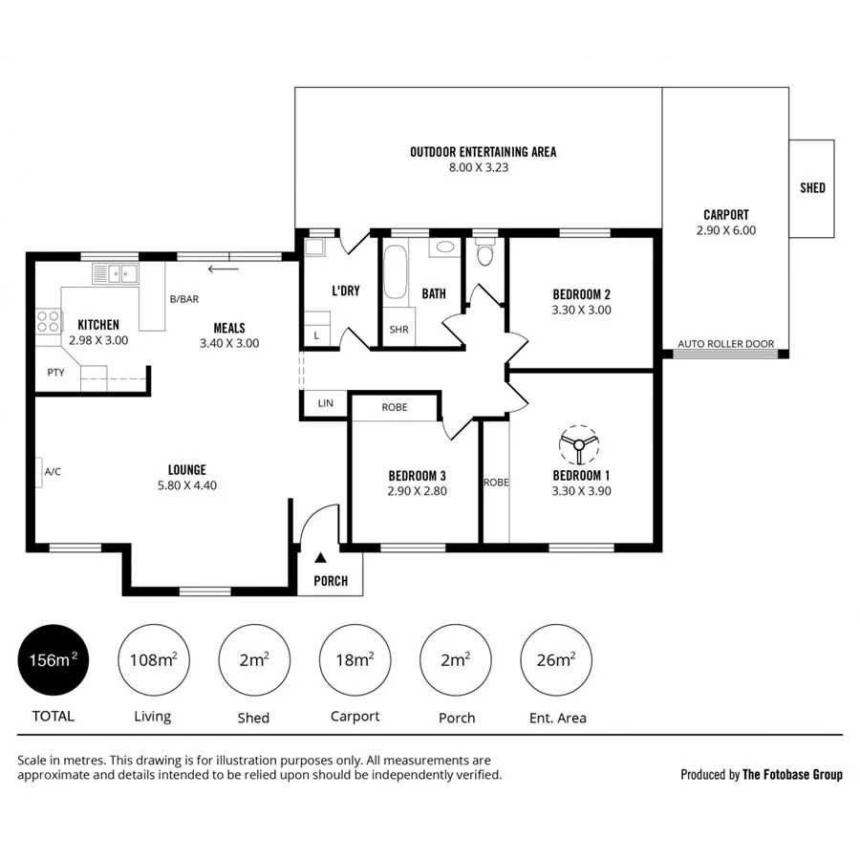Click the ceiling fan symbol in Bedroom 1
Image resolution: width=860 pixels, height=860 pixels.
pyautogui.click(x=579, y=444)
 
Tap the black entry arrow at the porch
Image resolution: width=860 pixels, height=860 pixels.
pyautogui.click(x=321, y=557)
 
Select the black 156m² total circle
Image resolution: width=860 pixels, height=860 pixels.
pyautogui.click(x=54, y=660)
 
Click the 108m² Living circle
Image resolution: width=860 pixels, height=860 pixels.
pyautogui.click(x=153, y=660)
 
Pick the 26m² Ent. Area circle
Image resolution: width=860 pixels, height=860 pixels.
pyautogui.click(x=556, y=660)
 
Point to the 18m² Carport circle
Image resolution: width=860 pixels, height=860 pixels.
pyautogui.click(x=355, y=660)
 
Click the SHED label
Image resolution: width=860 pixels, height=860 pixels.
pyautogui.click(x=812, y=188)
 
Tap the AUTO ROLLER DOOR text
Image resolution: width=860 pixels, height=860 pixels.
pyautogui.click(x=725, y=344)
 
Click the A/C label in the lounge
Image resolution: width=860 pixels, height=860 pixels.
pyautogui.click(x=53, y=472)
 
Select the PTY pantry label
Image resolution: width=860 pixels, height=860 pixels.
pyautogui.click(x=55, y=373)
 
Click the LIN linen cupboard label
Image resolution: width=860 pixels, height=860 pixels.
pyautogui.click(x=325, y=404)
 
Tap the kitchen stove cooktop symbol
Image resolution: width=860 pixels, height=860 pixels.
pyautogui.click(x=48, y=321)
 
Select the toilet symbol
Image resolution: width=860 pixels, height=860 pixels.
pyautogui.click(x=485, y=253)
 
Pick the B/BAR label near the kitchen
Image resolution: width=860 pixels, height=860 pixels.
pyautogui.click(x=183, y=299)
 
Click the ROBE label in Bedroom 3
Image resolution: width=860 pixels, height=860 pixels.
pyautogui.click(x=395, y=407)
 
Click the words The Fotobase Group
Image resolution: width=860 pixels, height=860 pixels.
pyautogui.click(x=792, y=775)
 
